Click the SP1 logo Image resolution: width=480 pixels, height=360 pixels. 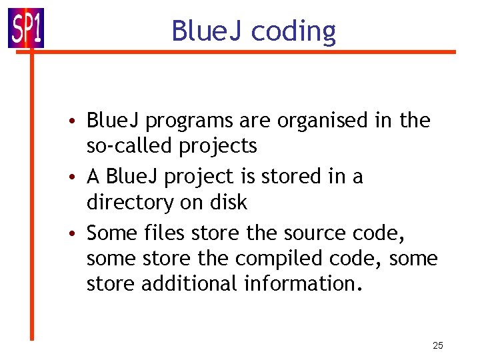pyautogui.click(x=26, y=27)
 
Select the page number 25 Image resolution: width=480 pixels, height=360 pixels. pyautogui.click(x=438, y=345)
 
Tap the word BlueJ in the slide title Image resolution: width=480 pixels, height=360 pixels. pyautogui.click(x=207, y=31)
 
